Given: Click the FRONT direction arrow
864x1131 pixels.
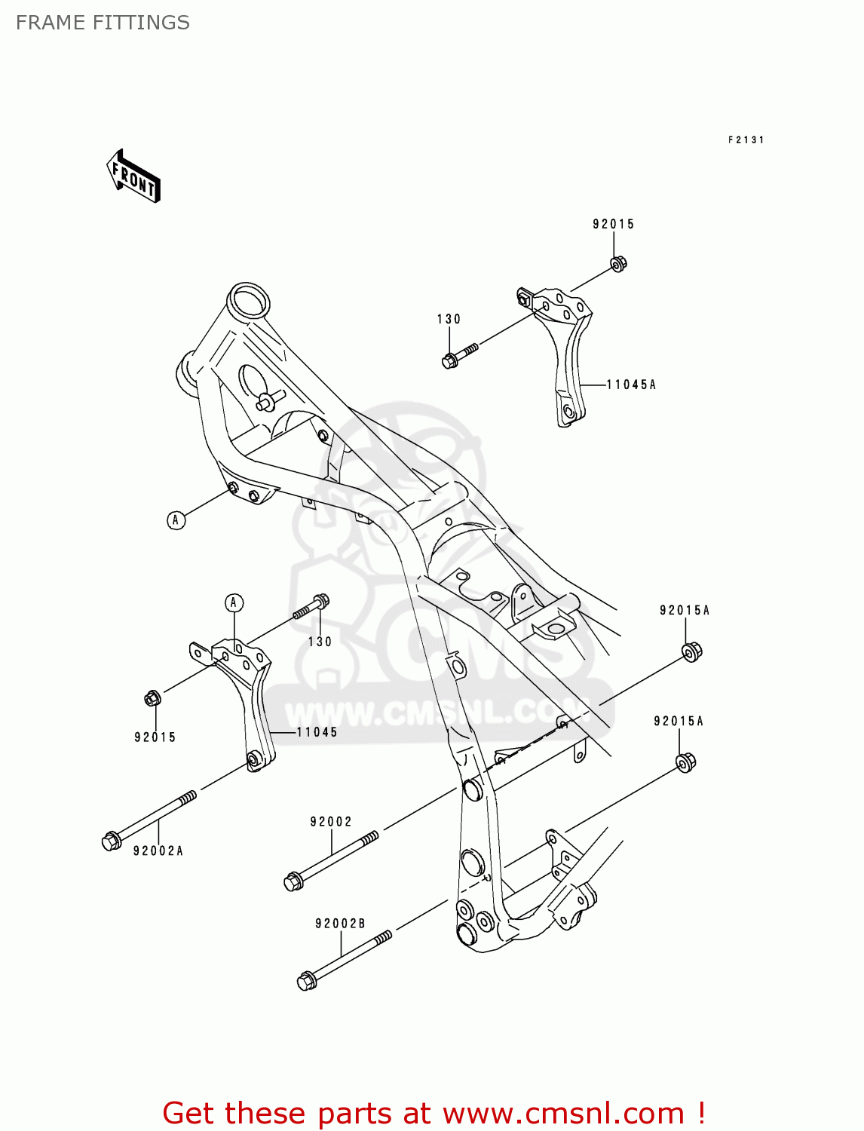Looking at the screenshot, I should (x=134, y=177).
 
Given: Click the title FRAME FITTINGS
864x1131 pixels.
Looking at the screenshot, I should (x=103, y=23).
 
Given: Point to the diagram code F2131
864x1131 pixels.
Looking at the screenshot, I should (x=746, y=139).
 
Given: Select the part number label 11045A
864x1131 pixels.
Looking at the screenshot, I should (x=632, y=385).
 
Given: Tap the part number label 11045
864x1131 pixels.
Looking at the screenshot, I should (x=317, y=732).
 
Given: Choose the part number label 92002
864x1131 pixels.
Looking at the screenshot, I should (x=331, y=822).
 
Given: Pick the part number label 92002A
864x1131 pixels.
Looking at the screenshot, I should (x=158, y=851).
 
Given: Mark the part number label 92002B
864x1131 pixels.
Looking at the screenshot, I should (x=340, y=924).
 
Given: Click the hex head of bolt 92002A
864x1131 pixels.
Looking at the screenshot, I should (x=111, y=840).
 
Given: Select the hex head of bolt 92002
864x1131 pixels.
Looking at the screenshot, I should (x=293, y=881).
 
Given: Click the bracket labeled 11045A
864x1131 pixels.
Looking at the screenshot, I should (x=566, y=354).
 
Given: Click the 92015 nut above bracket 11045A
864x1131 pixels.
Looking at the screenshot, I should (x=618, y=264).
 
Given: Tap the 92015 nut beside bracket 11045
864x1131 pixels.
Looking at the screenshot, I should (x=152, y=699).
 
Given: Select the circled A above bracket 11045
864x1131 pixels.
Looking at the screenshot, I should (x=234, y=602).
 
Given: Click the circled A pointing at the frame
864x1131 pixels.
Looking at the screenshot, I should (x=176, y=520).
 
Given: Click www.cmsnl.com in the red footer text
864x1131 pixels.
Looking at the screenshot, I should (x=562, y=1113).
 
